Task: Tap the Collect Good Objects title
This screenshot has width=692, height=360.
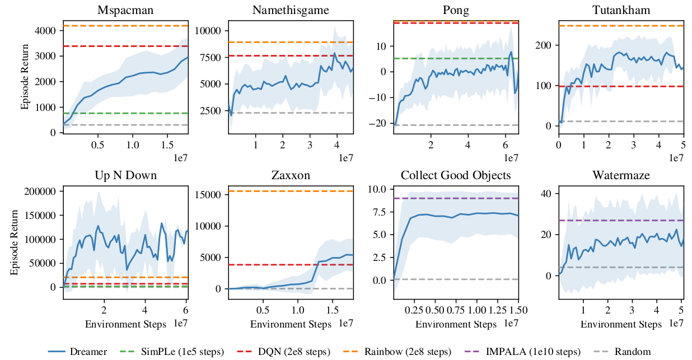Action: coord(456,175)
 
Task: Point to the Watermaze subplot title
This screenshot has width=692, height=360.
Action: coord(621,175)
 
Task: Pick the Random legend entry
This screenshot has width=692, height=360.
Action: coord(632,352)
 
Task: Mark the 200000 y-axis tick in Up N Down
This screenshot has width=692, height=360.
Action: coord(40,191)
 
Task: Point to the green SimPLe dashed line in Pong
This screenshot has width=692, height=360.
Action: coord(476,58)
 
